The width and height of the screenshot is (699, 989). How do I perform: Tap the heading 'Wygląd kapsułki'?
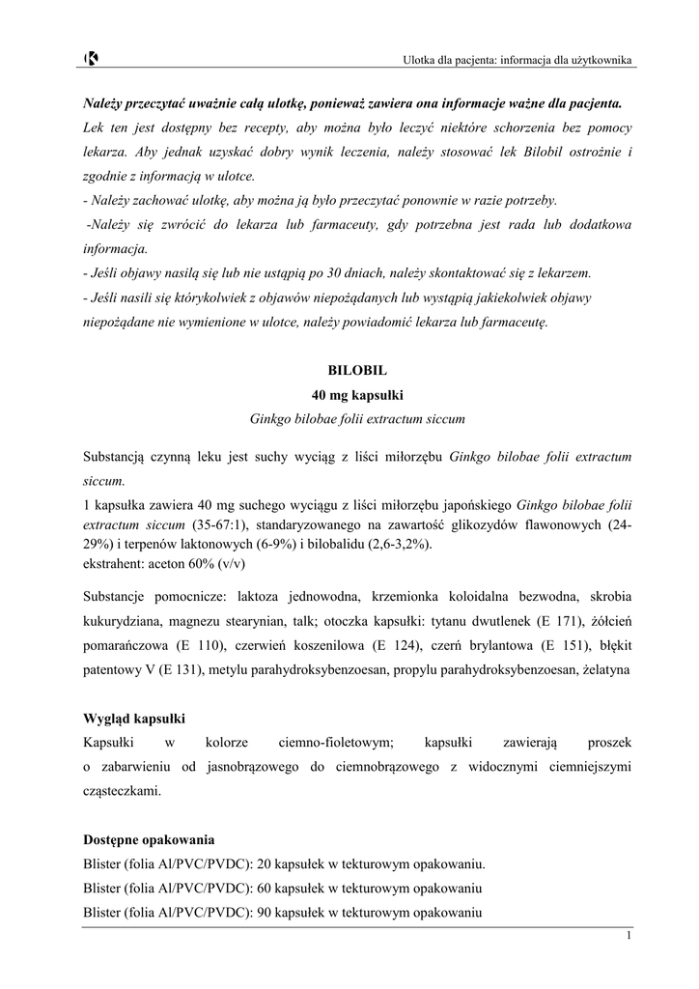(x=134, y=720)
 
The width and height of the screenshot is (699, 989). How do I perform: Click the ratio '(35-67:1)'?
(x=220, y=525)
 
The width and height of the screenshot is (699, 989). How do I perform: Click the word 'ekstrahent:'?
(x=115, y=563)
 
